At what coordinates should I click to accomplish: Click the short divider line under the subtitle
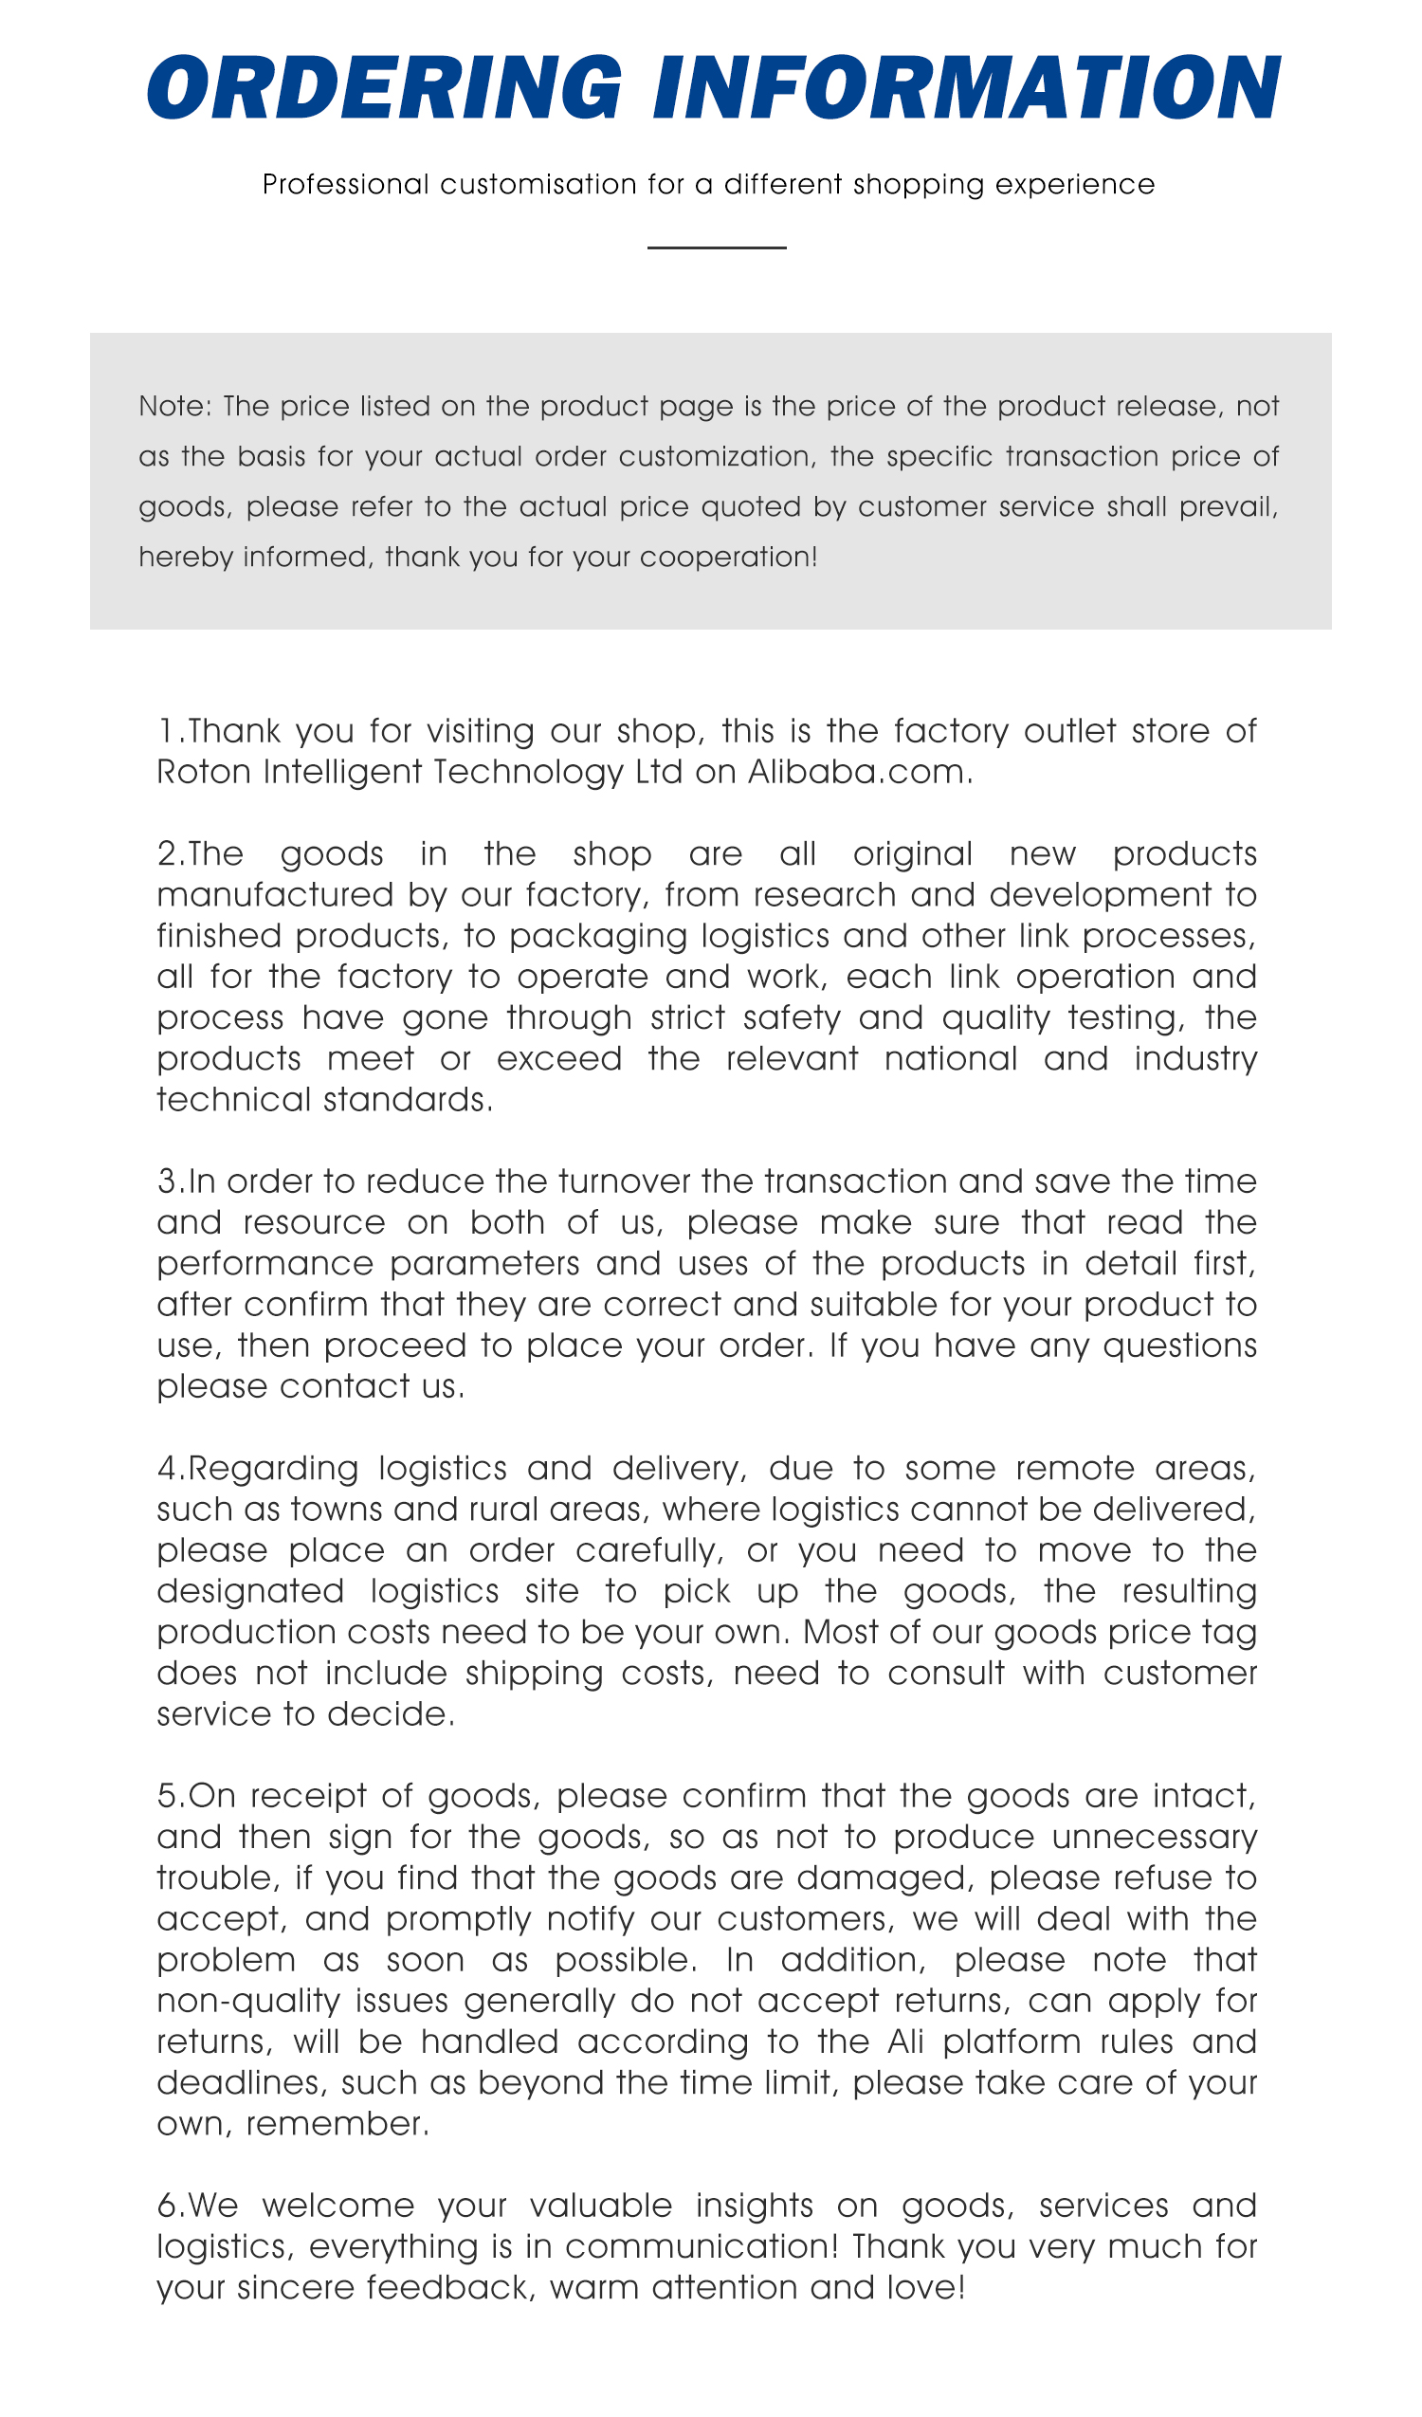(717, 248)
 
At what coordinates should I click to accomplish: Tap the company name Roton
(204, 772)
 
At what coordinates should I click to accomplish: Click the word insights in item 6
(754, 2206)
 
